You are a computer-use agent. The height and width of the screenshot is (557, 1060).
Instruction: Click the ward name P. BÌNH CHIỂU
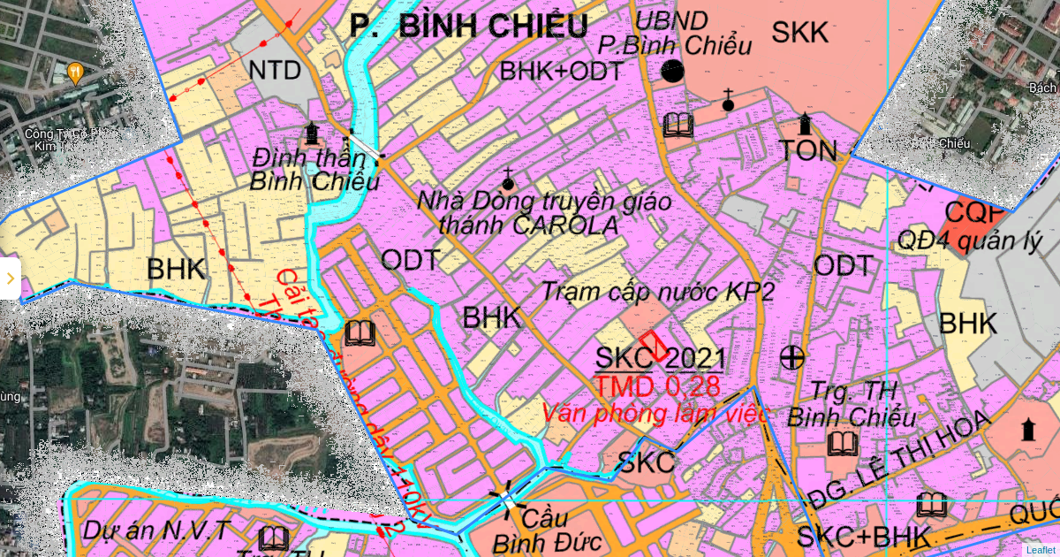pyautogui.click(x=468, y=26)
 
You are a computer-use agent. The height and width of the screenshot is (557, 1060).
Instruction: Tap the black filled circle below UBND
pyautogui.click(x=673, y=72)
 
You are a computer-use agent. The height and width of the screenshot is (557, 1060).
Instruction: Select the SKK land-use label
pyautogui.click(x=800, y=33)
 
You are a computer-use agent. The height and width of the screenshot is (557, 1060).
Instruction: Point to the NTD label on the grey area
pyautogui.click(x=275, y=71)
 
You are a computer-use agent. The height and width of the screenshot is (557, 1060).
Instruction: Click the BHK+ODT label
pyautogui.click(x=562, y=72)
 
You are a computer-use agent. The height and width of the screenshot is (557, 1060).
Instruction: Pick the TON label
pyautogui.click(x=808, y=150)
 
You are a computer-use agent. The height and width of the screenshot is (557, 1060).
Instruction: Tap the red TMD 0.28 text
pyautogui.click(x=656, y=386)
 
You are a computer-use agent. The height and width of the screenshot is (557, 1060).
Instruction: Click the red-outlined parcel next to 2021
pyautogui.click(x=654, y=345)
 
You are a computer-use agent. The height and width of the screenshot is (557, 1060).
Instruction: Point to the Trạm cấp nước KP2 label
pyautogui.click(x=657, y=292)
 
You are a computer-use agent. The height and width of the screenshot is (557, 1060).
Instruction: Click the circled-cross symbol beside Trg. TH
pyautogui.click(x=793, y=357)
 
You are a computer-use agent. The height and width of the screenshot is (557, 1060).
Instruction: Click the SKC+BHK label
pyautogui.click(x=865, y=537)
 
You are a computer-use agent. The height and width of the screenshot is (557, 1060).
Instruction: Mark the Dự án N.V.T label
pyautogui.click(x=157, y=530)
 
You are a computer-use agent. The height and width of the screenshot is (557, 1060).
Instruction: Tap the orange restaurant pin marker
pyautogui.click(x=76, y=72)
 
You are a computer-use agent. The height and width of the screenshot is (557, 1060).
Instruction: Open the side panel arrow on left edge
pyautogui.click(x=10, y=278)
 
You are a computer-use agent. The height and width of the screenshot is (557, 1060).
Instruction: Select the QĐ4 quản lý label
pyautogui.click(x=970, y=240)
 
